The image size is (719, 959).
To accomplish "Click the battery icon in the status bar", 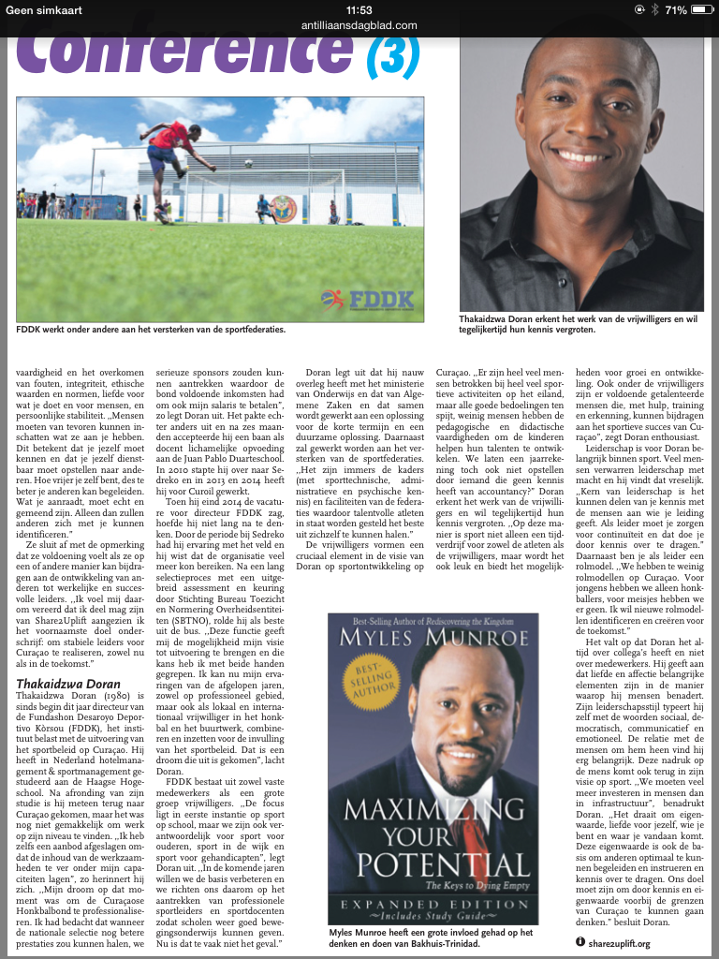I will pyautogui.click(x=701, y=9).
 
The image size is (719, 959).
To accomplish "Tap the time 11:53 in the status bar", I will pyautogui.click(x=359, y=9).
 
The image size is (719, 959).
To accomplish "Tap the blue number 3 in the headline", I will pyautogui.click(x=392, y=56).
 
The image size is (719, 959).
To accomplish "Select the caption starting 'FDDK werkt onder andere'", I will pyautogui.click(x=151, y=330).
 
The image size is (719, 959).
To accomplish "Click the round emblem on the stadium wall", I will pyautogui.click(x=286, y=209).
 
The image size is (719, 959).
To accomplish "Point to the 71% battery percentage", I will pyautogui.click(x=675, y=9).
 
